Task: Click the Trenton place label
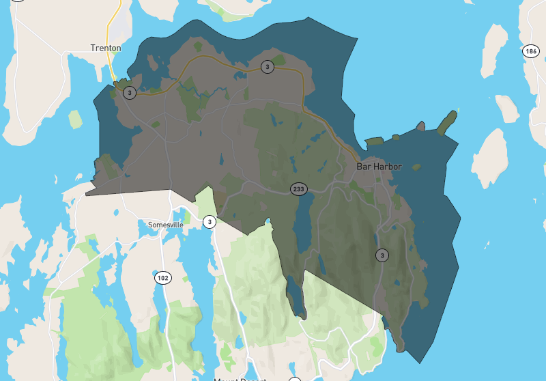[x=106, y=48]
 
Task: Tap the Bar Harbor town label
[x=379, y=167]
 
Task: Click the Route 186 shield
[x=531, y=51]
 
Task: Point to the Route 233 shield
[x=298, y=188]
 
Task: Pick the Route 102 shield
[x=162, y=278]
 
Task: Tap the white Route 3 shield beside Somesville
[x=210, y=221]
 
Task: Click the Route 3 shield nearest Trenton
[x=130, y=93]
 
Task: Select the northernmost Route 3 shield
[x=267, y=66]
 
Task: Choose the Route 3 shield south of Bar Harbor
[x=382, y=255]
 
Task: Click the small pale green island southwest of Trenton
[x=75, y=119]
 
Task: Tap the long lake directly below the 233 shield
[x=302, y=225]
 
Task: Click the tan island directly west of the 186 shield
[x=491, y=51]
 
